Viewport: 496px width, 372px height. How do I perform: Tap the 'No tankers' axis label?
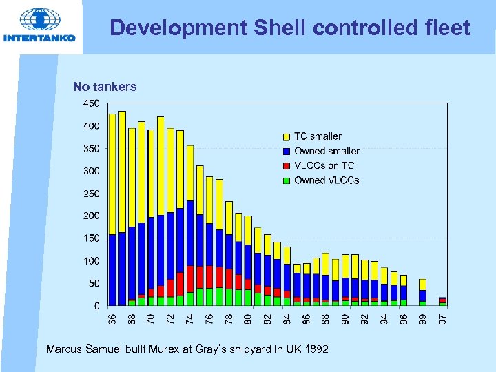point(105,87)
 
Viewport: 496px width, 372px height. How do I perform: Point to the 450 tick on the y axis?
point(92,103)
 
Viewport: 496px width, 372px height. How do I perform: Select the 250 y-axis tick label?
point(92,194)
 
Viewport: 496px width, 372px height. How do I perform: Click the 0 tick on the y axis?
point(96,305)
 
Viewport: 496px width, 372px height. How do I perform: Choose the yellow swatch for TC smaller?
point(286,136)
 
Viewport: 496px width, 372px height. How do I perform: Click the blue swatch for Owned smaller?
point(286,151)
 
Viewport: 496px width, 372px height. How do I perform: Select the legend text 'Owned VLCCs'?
point(327,180)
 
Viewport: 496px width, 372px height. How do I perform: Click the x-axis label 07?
point(443,320)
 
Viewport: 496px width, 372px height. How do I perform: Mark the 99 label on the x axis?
point(423,320)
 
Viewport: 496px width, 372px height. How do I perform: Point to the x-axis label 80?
point(248,320)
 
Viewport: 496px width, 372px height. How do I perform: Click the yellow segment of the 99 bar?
point(423,285)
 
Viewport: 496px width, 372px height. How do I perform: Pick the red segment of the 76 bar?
point(209,277)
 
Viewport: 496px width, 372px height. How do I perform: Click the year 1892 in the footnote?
point(316,350)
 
